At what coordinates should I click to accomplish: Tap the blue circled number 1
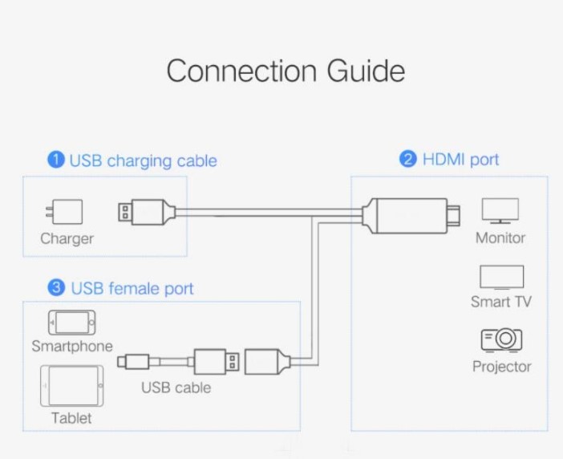pos(56,160)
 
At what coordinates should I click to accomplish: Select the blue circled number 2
pos(408,159)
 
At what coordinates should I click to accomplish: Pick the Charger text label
pos(67,238)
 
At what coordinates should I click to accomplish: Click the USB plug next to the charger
pos(145,213)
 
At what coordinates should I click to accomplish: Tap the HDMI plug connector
pos(412,215)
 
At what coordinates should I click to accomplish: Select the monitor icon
pos(500,211)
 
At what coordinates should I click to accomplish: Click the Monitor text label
pos(500,238)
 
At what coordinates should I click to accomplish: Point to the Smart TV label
pos(501,303)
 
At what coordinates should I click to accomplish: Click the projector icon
pos(502,340)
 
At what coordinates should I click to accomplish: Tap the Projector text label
pos(502,367)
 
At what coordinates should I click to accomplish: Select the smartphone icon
pos(71,323)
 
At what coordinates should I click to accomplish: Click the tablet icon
pos(71,386)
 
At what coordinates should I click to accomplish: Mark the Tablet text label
pos(71,418)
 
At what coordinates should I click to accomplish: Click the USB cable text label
pos(176,388)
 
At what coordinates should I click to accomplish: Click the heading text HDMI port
pos(460,159)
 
